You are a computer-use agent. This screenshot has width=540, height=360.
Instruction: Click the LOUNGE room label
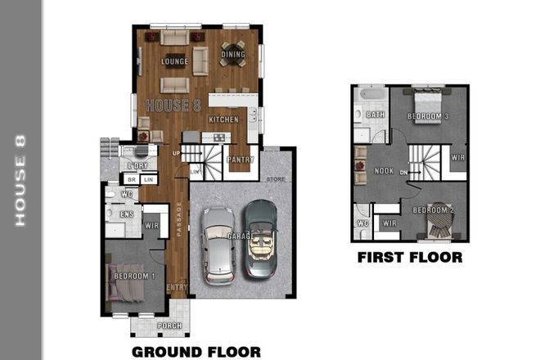[174, 61]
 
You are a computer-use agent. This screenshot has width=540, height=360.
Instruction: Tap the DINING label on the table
[233, 55]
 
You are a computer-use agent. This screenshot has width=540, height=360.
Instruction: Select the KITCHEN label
[223, 119]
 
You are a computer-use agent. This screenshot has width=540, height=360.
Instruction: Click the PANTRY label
[240, 159]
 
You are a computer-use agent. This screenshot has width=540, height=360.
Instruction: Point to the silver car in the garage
[218, 244]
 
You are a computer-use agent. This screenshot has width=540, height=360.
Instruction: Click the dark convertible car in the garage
[262, 237]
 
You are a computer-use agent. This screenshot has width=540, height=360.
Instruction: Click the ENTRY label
[176, 287]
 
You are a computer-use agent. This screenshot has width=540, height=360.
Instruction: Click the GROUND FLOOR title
[196, 352]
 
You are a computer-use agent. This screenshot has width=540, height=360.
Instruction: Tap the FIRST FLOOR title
[409, 257]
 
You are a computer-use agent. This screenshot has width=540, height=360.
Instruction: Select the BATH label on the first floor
[376, 115]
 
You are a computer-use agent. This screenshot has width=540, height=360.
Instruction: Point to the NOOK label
[383, 173]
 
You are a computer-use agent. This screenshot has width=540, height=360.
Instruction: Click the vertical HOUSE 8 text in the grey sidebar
[21, 179]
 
